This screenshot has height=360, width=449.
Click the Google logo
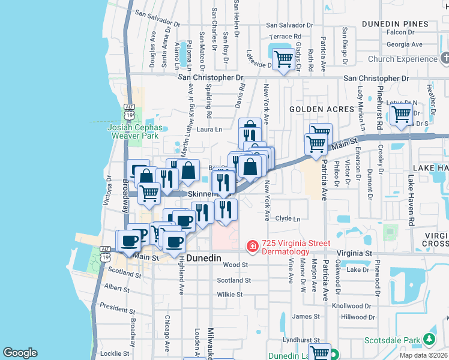pos(20,353)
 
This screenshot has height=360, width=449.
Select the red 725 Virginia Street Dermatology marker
pos(253,246)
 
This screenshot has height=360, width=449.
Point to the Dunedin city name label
pos(203,257)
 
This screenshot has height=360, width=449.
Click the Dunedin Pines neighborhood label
pos(395,24)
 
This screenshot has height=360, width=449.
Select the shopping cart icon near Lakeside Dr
pos(283,59)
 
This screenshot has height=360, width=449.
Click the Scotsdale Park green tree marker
pos(429,340)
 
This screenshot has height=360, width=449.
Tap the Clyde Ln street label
pos(288,219)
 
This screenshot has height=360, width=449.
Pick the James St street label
pos(306,316)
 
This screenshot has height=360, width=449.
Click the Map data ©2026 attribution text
pos(423,355)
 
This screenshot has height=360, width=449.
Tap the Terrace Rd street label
pos(285,37)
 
